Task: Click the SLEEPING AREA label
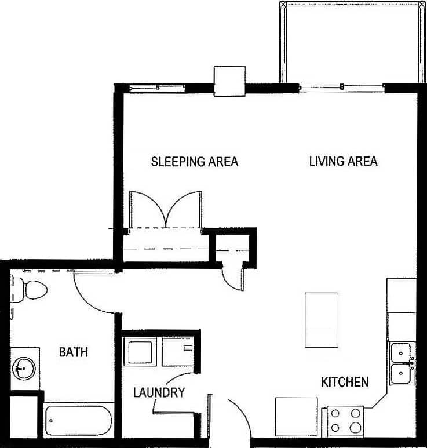click(x=194, y=161)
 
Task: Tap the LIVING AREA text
click(x=343, y=161)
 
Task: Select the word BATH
click(x=74, y=352)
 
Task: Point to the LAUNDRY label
click(x=159, y=392)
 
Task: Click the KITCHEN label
click(x=345, y=382)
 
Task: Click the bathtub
click(x=79, y=421)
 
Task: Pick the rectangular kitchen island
click(x=322, y=320)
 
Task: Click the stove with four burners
click(x=345, y=421)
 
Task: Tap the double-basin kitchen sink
click(x=401, y=363)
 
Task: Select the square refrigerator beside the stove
click(x=296, y=417)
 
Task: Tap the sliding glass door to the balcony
click(x=342, y=88)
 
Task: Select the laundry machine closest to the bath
click(x=140, y=352)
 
